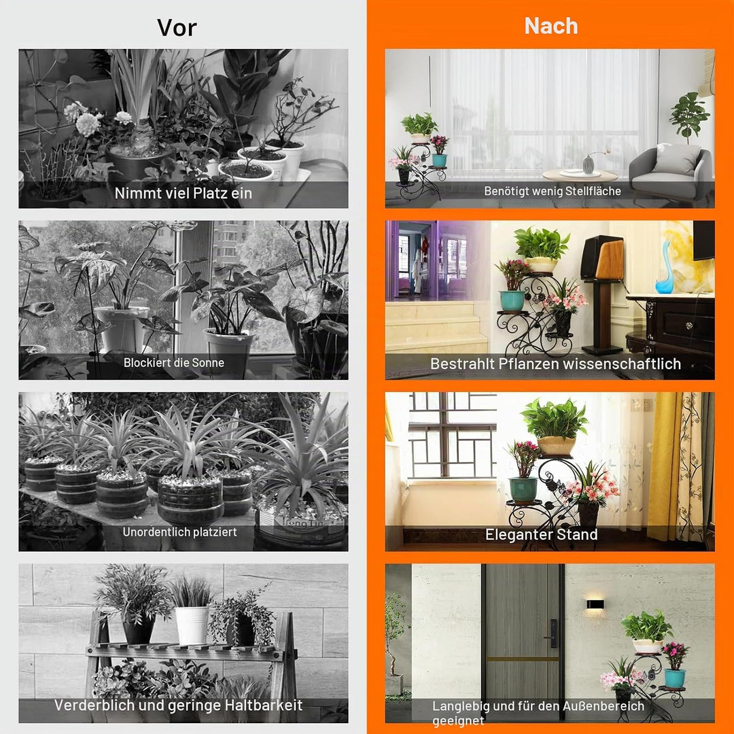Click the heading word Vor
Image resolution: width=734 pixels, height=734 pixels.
click(x=177, y=28)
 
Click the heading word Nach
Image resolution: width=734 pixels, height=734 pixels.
click(x=551, y=26)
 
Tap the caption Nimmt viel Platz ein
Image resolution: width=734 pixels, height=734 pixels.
click(x=183, y=193)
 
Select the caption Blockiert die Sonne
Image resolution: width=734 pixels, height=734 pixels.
click(x=174, y=362)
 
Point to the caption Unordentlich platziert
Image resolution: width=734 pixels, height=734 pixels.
click(x=179, y=531)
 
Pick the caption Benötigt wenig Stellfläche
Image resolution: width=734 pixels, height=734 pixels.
click(x=553, y=191)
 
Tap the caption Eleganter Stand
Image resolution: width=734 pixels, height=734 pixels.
click(x=541, y=534)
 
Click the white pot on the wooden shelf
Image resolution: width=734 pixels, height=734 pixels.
click(x=192, y=625)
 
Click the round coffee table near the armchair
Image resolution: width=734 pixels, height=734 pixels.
click(x=580, y=176)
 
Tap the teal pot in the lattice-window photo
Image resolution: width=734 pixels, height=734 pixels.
click(x=523, y=490)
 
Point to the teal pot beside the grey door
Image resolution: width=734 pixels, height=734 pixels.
click(x=675, y=678)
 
